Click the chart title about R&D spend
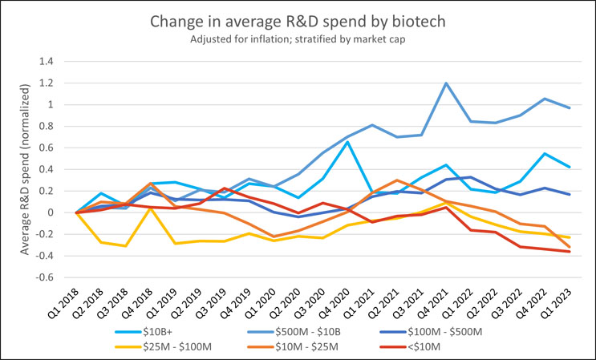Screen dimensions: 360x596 coord(298,22)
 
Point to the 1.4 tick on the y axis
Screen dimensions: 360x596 coord(58,61)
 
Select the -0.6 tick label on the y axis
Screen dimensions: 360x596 coord(56,277)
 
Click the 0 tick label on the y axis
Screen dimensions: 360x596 coord(61,212)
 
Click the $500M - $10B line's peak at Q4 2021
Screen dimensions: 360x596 coord(445,83)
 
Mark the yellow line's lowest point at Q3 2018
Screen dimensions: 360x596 coord(125,246)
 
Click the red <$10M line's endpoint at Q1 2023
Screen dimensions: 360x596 coord(570,252)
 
